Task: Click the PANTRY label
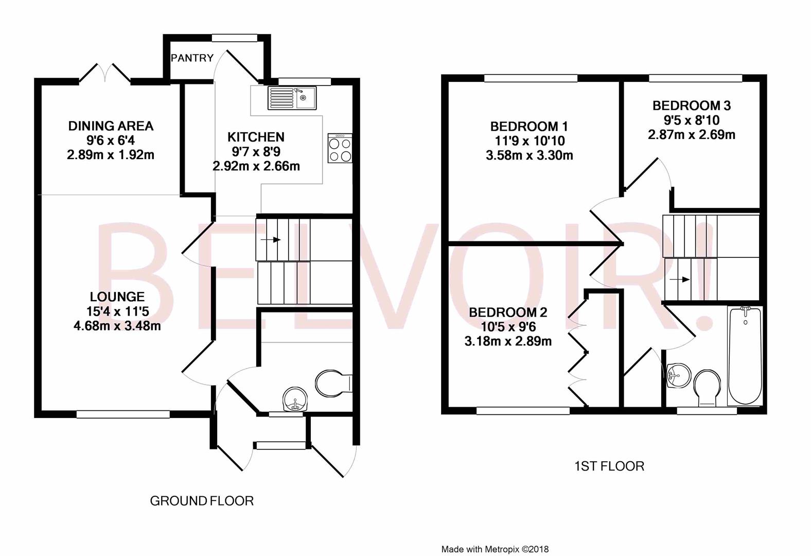point(192,58)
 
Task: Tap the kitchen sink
point(292,98)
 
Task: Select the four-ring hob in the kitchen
point(340,148)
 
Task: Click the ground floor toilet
point(333,383)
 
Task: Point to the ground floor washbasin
point(294,399)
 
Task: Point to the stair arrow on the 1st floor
point(679,280)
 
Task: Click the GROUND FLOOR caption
point(202,501)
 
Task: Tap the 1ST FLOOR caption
point(609,466)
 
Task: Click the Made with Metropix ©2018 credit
point(495,549)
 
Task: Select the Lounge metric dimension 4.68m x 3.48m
point(117,326)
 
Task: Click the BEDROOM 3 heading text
point(692,106)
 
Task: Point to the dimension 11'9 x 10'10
point(530,141)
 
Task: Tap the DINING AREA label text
point(111,126)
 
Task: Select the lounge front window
point(123,414)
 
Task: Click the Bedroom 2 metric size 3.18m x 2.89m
point(508,341)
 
